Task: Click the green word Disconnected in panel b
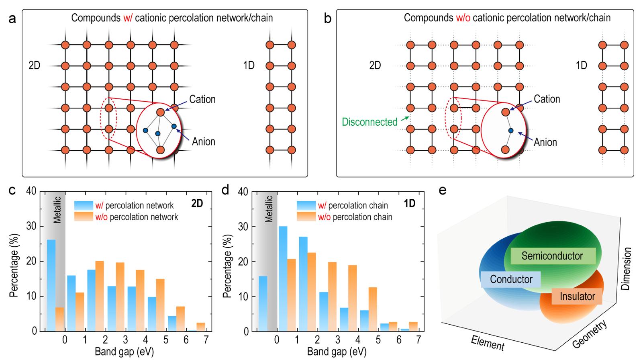[369, 121]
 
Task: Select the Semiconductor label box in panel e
[552, 256]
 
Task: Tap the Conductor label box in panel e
[511, 279]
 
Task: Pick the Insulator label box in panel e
[577, 297]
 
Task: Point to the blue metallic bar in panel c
[51, 285]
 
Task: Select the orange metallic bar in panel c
[59, 319]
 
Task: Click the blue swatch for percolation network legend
[84, 205]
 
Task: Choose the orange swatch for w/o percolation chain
[306, 217]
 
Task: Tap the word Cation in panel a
[202, 99]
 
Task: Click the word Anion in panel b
[545, 142]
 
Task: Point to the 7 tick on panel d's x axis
[418, 340]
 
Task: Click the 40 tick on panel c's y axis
[31, 191]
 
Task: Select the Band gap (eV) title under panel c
[124, 352]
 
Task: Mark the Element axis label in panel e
[487, 343]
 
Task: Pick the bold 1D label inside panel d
[409, 204]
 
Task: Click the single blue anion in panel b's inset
[511, 131]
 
